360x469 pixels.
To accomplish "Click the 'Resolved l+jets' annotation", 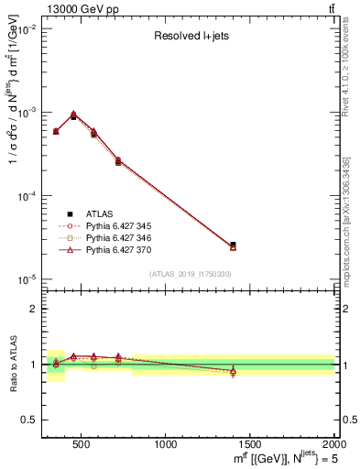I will (x=190, y=37).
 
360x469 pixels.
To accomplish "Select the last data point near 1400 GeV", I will (x=233, y=245).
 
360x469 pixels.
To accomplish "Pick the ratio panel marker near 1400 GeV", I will (x=233, y=371).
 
